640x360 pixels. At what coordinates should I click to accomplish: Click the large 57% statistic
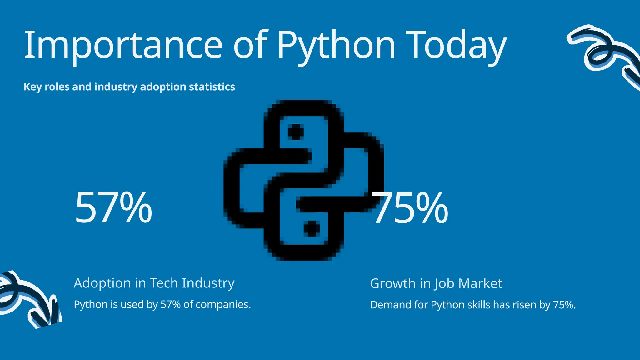click(113, 208)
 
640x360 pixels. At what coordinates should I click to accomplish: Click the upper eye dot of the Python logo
click(296, 132)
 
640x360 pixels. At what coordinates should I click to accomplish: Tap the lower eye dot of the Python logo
click(312, 228)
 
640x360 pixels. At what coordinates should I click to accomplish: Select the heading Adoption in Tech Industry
click(154, 283)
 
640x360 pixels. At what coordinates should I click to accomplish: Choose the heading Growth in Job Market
click(436, 283)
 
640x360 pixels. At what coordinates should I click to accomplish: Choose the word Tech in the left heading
click(164, 283)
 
